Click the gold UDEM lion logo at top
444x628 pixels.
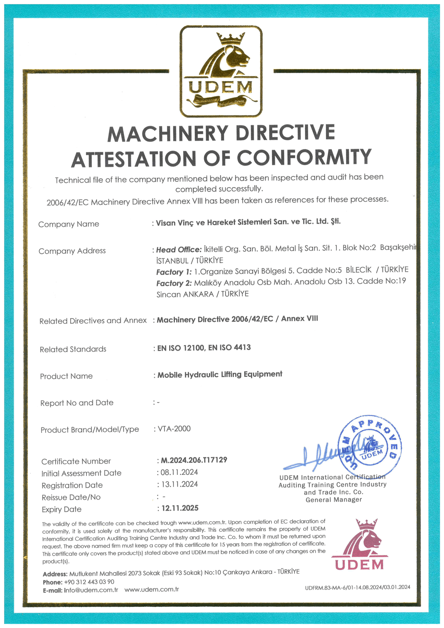pyautogui.click(x=221, y=71)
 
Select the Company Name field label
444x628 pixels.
pyautogui.click(x=69, y=224)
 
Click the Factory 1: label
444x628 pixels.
pyautogui.click(x=174, y=272)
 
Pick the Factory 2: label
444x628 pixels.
pyautogui.click(x=174, y=283)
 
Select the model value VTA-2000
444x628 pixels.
pyautogui.click(x=174, y=429)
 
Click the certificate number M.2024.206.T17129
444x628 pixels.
pyautogui.click(x=194, y=460)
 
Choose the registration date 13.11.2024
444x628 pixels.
pyautogui.click(x=180, y=484)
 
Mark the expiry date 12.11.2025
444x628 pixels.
pyautogui.click(x=180, y=508)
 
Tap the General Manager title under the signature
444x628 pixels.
pyautogui.click(x=334, y=500)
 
